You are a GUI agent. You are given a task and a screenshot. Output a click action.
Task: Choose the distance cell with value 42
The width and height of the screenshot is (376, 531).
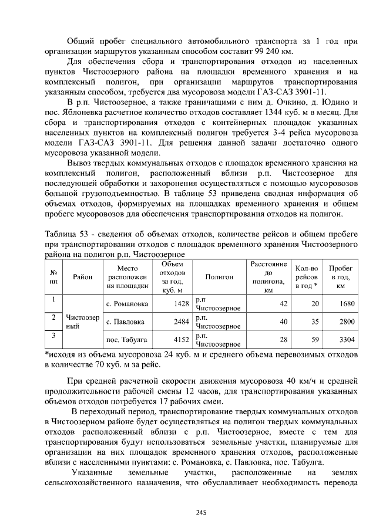(x=283, y=304)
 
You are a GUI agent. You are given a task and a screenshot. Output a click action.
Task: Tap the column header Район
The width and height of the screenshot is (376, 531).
(x=83, y=276)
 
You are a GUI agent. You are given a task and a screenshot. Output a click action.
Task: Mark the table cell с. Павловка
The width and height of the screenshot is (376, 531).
(x=125, y=322)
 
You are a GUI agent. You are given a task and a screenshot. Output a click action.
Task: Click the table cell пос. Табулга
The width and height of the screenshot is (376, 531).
(x=126, y=339)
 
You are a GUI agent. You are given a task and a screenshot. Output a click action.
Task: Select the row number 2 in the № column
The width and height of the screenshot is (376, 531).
(x=53, y=317)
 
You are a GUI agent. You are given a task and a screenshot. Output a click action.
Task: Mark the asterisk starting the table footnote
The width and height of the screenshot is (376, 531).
(x=48, y=355)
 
